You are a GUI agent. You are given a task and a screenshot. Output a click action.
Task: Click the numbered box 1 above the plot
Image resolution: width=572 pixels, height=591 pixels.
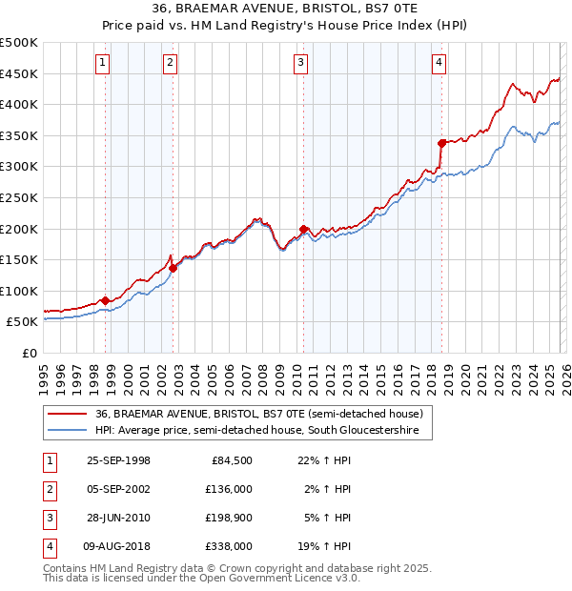102,64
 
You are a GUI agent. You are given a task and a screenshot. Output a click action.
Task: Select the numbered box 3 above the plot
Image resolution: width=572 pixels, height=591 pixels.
300,64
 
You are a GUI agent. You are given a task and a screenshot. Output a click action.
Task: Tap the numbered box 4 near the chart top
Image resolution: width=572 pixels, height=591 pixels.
439,64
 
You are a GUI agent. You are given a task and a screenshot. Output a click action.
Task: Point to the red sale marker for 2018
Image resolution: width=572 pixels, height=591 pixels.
442,143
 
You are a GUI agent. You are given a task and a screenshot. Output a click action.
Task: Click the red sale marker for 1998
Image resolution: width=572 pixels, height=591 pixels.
105,300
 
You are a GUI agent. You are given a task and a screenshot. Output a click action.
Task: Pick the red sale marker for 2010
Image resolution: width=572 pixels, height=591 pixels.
303,229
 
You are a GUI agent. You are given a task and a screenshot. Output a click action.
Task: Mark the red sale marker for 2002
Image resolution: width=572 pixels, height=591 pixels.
173,268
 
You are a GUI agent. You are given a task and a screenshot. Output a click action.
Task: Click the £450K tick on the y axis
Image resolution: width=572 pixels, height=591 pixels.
19,73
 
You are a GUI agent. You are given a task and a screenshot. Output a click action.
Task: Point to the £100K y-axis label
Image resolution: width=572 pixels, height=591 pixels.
19,291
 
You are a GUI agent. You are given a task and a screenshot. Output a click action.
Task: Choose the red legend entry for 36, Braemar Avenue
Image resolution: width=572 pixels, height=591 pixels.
258,414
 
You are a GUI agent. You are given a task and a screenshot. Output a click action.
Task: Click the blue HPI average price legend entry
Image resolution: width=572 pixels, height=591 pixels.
263,431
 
